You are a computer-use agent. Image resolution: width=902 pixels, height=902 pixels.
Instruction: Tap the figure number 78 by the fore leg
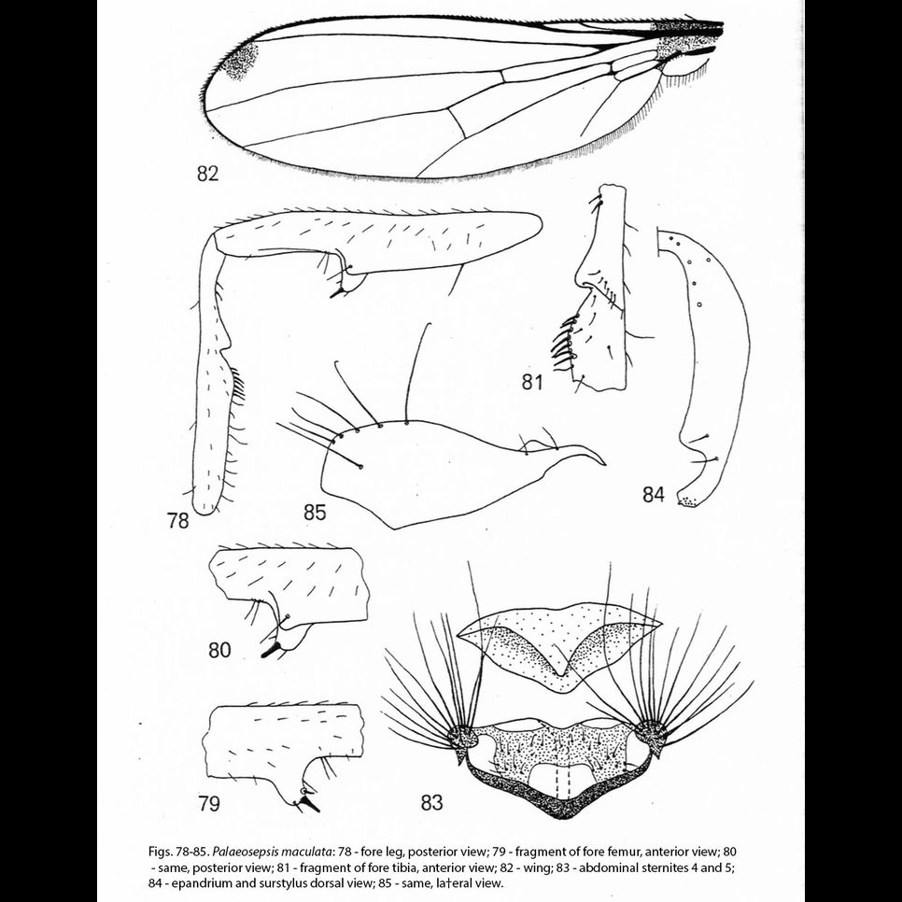point(178,521)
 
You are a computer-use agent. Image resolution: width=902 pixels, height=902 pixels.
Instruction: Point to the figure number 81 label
point(533,381)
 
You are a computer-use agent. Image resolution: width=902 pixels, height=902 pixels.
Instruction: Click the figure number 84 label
point(654,495)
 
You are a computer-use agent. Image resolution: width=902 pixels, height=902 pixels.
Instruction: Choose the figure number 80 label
point(219,650)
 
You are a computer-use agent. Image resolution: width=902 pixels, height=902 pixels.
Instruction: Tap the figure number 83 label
point(432,801)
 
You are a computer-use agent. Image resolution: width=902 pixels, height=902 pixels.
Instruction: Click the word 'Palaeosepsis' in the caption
point(254,853)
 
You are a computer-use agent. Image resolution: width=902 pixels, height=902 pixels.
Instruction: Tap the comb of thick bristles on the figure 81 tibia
point(562,347)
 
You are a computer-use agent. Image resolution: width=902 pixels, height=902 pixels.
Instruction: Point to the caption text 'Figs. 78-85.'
point(179,853)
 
